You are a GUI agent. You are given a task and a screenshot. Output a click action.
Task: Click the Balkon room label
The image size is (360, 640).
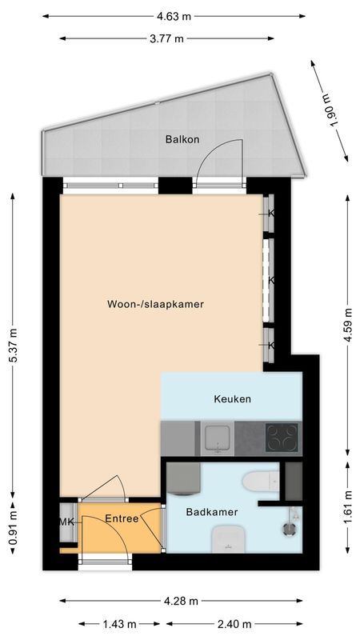coord(182,139)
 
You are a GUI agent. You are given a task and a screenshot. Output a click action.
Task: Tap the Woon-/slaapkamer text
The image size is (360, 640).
coord(155,304)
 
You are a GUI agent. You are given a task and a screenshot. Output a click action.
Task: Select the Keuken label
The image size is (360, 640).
coord(232,398)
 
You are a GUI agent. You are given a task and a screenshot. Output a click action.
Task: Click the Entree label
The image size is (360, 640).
coord(122,518)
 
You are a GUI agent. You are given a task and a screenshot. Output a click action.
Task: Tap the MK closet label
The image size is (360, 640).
coord(66,522)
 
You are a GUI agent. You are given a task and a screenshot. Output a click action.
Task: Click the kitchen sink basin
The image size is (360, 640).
coord(216,438)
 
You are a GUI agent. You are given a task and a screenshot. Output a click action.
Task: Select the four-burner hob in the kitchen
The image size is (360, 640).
coord(282,438)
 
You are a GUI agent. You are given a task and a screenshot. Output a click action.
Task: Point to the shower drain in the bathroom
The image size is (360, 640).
coord(287,527)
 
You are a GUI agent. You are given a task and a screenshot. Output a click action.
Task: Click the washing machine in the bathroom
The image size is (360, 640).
coord(183,482)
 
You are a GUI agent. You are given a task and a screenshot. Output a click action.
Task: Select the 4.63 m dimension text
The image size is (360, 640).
coord(174,15)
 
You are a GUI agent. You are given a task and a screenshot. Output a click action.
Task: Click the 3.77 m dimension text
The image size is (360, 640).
coord(167,38)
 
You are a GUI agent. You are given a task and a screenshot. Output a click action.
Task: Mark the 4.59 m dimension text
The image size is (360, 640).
coord(346,325)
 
